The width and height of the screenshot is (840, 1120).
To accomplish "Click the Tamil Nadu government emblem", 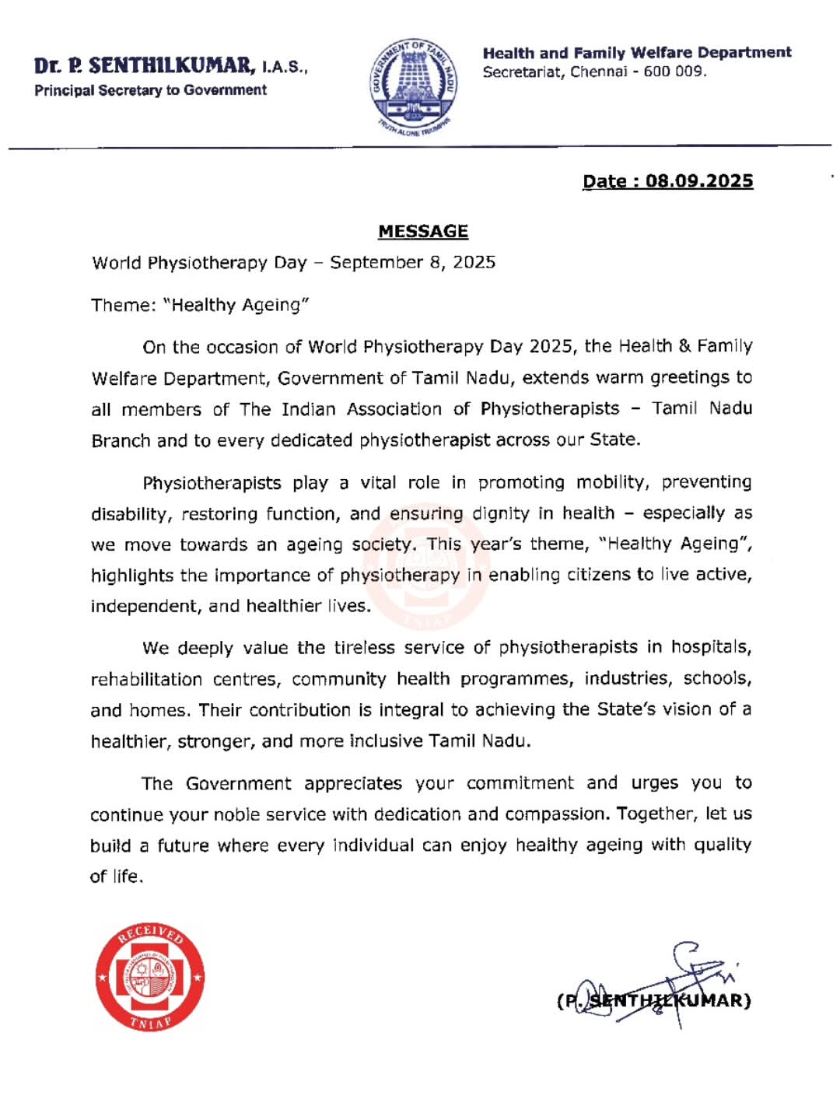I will (413, 87).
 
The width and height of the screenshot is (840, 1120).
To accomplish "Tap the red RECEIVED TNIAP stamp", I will (150, 978).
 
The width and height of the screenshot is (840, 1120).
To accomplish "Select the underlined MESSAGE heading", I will (423, 232).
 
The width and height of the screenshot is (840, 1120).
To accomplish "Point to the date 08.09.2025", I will (699, 181).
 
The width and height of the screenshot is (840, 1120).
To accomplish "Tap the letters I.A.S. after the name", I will (284, 68).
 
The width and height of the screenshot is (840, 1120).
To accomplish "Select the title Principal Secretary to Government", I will (150, 90).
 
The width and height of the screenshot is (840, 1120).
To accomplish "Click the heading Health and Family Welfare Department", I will (636, 53).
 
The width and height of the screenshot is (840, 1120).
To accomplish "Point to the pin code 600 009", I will (674, 72).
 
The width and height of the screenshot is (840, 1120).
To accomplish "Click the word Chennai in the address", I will (598, 72).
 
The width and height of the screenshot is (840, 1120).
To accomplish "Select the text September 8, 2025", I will (412, 262).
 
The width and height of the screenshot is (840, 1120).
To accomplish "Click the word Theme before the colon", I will (122, 305).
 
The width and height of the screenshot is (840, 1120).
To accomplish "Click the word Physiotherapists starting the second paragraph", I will (212, 483).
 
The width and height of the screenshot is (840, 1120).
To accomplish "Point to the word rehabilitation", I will (146, 680).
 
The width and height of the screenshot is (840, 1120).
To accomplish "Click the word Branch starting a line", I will (121, 441).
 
